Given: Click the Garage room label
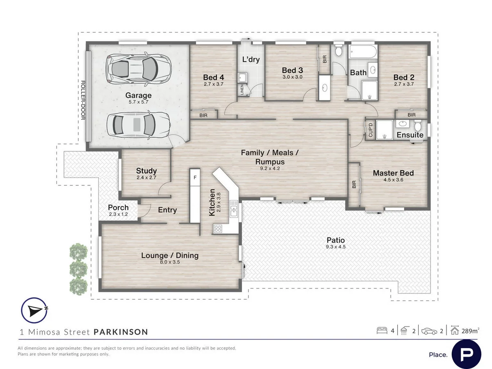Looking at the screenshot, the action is tap(138, 95).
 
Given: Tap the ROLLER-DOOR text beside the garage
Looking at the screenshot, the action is tap(83, 100).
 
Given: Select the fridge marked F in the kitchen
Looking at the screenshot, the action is tap(195, 178).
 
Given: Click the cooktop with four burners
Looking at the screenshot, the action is tap(218, 229).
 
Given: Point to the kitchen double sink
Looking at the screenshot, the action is tap(234, 209).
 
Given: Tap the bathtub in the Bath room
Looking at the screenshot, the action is tap(362, 52).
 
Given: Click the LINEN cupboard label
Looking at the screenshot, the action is tap(242, 90).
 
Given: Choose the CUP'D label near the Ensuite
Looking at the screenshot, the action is tap(371, 130).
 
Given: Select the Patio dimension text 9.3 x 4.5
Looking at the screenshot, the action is tap(335, 247).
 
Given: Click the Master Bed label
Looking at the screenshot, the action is tap(393, 173).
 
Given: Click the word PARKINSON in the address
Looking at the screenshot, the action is tap(121, 332).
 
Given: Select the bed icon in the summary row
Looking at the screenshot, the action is tap(382, 331).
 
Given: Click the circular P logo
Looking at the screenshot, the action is tap(466, 354).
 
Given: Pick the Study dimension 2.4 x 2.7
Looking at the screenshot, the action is tap(146, 178).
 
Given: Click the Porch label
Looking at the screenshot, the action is tap(118, 207).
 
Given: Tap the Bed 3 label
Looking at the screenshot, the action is tap(292, 70).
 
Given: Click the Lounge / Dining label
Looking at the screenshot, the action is tap(170, 255).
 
